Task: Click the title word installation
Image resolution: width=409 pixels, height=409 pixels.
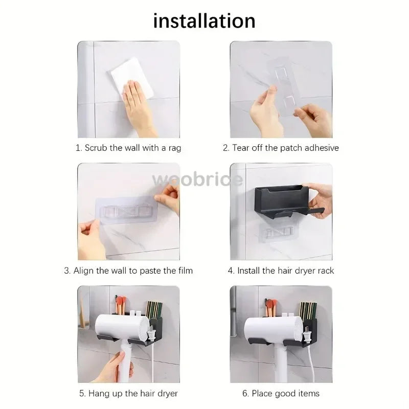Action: pos(204,21)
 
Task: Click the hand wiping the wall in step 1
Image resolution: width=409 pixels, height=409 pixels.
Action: pos(138,108)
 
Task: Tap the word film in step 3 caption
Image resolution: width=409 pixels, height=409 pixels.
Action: pos(186,270)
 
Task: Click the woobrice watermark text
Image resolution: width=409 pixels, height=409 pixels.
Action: pos(197,179)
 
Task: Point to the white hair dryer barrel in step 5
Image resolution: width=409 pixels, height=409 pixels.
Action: pos(123,328)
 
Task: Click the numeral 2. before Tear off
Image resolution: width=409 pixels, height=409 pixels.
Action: pos(226,148)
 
